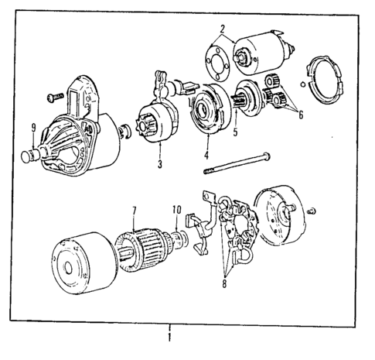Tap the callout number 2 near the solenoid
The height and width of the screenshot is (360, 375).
223,32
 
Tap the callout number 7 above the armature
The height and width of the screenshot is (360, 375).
134,211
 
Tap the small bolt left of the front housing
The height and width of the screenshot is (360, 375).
55,98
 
